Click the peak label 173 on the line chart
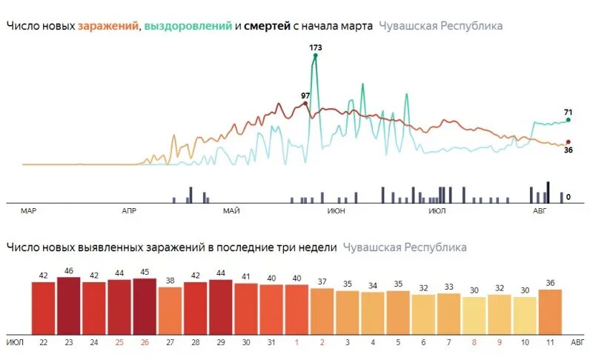[316, 47]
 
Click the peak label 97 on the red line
[305, 96]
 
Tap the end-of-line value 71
[569, 111]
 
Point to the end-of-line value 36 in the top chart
[569, 150]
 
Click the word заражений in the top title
[108, 26]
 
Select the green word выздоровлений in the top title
[188, 26]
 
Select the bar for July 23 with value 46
[68, 306]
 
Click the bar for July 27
[170, 310]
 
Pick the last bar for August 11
[550, 312]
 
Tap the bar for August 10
[525, 316]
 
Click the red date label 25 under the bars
[119, 343]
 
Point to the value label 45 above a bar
[145, 272]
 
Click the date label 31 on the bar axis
[271, 343]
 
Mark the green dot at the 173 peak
[316, 55]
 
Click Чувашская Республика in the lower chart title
[405, 247]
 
